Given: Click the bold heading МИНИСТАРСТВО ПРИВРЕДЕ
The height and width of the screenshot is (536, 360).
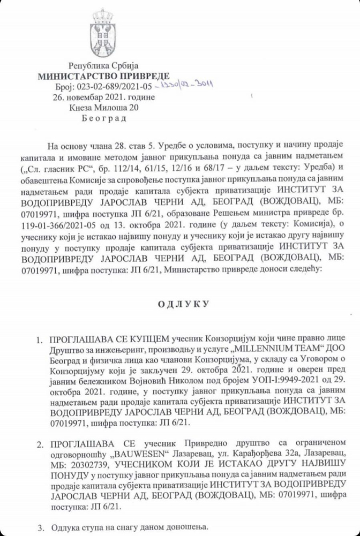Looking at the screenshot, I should [x=103, y=76].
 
